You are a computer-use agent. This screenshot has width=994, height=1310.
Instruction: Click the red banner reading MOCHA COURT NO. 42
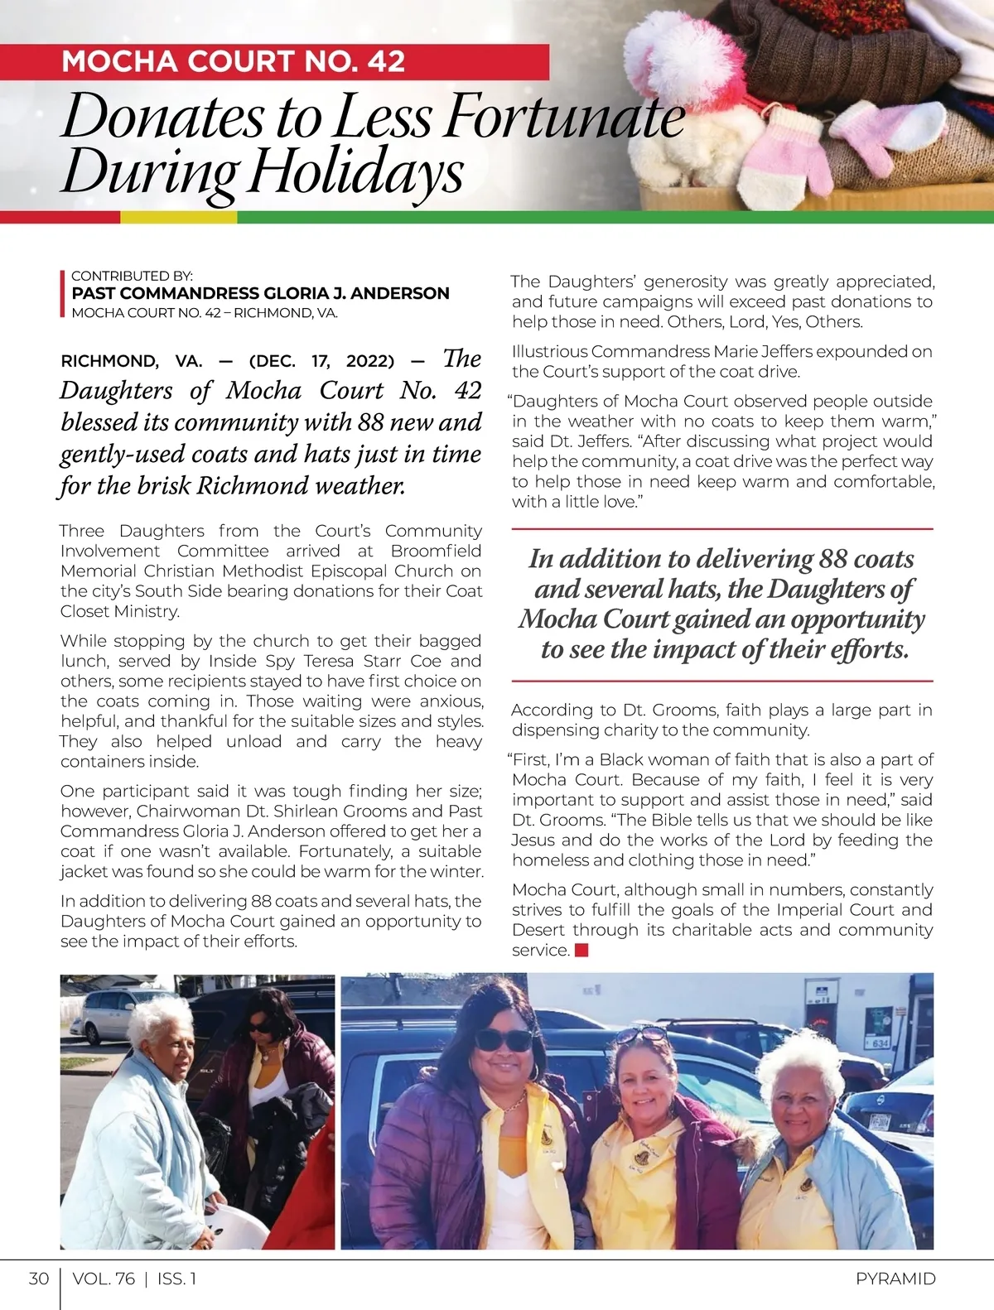pos(273,62)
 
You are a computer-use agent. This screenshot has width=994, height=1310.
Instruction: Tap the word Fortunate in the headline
pos(564,118)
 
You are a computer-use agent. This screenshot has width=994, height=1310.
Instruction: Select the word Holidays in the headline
pos(356,174)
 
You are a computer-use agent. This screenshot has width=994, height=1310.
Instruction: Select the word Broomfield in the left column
pos(436,551)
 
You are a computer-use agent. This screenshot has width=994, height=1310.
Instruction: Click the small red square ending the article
pos(581,951)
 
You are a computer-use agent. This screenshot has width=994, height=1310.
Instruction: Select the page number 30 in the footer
pos(38,1279)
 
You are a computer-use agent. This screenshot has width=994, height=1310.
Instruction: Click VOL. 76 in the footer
pos(104,1279)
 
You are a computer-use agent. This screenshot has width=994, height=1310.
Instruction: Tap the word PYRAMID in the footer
pos(895,1279)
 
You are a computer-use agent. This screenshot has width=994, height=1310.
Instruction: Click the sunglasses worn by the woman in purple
pos(503,1040)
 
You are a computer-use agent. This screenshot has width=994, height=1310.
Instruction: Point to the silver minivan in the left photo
pos(104,1015)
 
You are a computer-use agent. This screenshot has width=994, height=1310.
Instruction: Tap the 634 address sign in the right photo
pos(880,1043)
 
